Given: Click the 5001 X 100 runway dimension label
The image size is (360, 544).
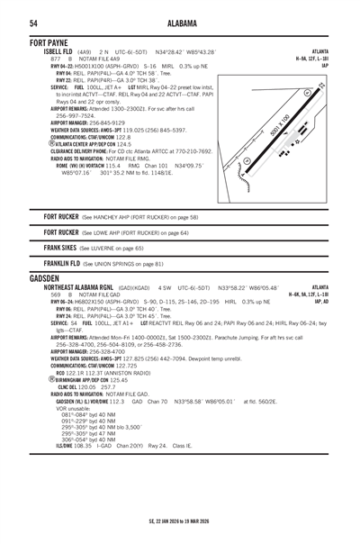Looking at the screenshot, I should (280, 124).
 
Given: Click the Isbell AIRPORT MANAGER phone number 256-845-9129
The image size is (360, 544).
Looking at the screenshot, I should (122, 122).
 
